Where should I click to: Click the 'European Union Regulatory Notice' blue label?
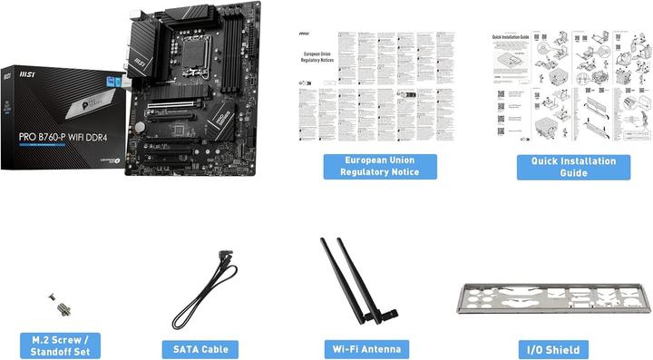(x=380, y=166)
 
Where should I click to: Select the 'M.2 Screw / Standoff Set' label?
(x=61, y=345)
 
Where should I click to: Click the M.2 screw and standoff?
(x=61, y=304)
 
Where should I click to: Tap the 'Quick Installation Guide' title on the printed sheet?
(x=511, y=37)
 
